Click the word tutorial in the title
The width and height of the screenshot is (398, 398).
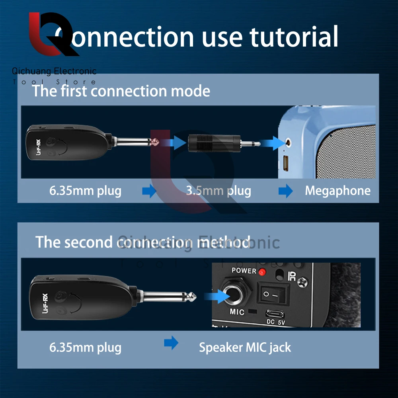pyautogui.click(x=294, y=37)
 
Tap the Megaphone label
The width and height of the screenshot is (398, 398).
pyautogui.click(x=338, y=191)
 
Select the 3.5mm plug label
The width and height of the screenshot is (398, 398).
pyautogui.click(x=219, y=191)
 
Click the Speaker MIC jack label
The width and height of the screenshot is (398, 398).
pyautogui.click(x=245, y=347)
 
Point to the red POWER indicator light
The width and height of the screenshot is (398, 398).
pyautogui.click(x=262, y=272)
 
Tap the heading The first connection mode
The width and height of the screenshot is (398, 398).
pyautogui.click(x=121, y=91)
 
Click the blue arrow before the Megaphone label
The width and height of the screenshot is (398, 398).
pyautogui.click(x=285, y=191)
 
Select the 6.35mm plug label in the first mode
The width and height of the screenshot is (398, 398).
pyautogui.click(x=85, y=191)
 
